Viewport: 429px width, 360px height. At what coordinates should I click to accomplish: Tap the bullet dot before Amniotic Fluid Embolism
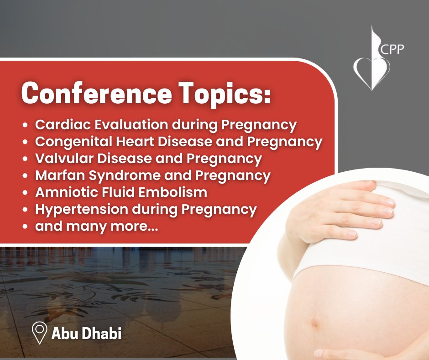(26, 193)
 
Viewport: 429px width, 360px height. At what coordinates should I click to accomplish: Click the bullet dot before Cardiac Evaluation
(26, 125)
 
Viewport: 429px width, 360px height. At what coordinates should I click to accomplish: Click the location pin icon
(40, 333)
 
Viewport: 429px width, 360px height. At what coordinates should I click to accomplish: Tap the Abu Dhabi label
(87, 334)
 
